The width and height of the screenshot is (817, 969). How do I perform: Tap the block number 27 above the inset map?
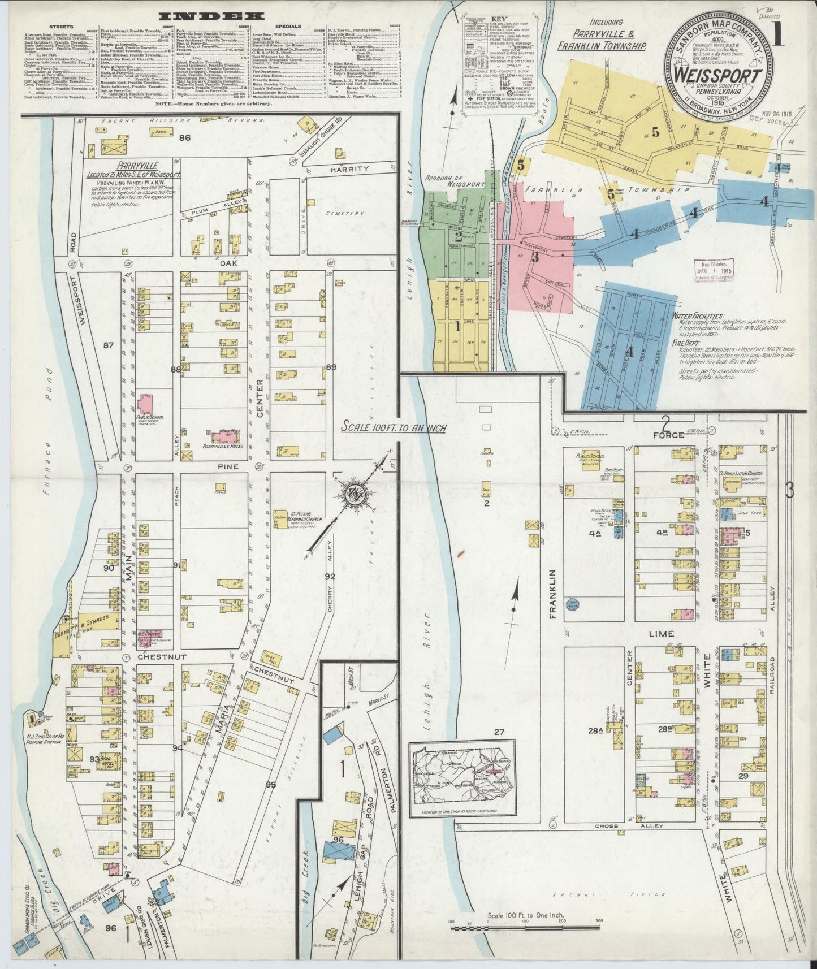click(498, 732)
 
